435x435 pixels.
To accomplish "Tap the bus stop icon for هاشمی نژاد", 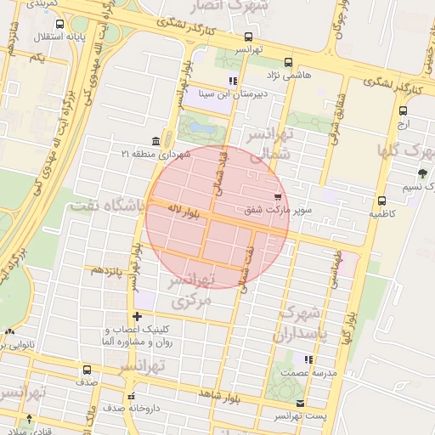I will [x=288, y=62].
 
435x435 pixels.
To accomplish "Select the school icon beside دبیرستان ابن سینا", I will [x=232, y=82].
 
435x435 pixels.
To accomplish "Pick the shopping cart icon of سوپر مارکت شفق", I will [x=278, y=196].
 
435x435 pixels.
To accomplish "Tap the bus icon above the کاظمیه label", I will [x=381, y=201].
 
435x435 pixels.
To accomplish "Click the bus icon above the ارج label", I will [x=402, y=110].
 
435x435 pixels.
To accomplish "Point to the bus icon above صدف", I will [x=87, y=370].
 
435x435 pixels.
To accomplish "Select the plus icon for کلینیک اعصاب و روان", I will [x=137, y=316].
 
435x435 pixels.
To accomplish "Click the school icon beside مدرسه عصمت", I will [x=308, y=360].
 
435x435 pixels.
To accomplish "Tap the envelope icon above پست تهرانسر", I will [x=300, y=403].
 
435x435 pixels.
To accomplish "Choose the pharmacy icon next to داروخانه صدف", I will [x=130, y=396].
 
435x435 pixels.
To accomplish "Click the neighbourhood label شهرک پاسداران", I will [x=301, y=324].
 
